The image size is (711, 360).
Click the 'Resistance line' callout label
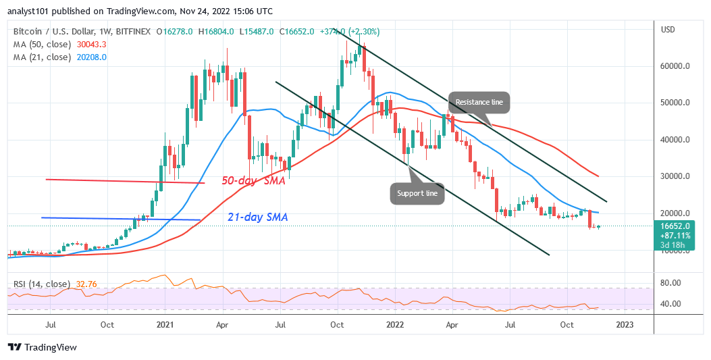point(479,102)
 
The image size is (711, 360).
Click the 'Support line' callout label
point(417,193)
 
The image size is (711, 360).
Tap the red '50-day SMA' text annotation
point(253,182)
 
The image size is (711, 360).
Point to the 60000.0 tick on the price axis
point(676,67)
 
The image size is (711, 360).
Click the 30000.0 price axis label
point(676,176)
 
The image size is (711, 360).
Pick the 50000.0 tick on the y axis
point(676,103)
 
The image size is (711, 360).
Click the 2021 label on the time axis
point(165,325)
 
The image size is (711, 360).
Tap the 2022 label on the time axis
point(394,325)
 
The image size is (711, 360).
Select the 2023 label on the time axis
point(624,325)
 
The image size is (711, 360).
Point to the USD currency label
point(668,30)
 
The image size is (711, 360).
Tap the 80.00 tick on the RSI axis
point(673,282)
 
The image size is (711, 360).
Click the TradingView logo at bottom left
point(42,347)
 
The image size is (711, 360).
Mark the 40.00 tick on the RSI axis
point(673,304)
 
